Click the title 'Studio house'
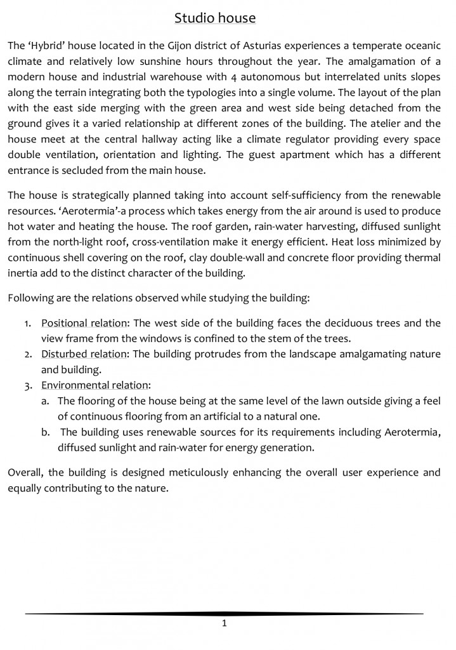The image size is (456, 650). (215, 18)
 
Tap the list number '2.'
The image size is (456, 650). (29, 354)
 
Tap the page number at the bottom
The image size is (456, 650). (225, 623)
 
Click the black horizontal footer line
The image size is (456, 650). (225, 614)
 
